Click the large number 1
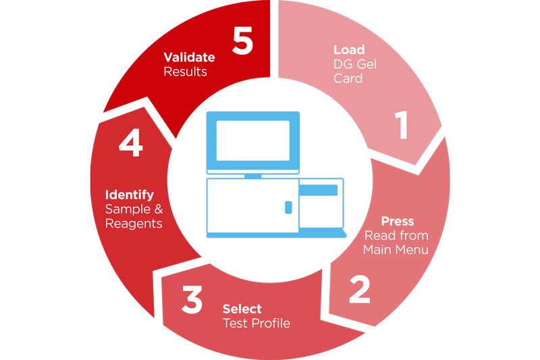[x=402, y=125]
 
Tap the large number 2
[x=360, y=289]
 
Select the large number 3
[x=192, y=299]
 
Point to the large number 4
[x=131, y=143]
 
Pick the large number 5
[x=243, y=41]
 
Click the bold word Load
[x=349, y=50]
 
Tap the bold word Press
[x=398, y=221]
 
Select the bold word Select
[x=242, y=309]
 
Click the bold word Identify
[x=130, y=195]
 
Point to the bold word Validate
[x=189, y=57]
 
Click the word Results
[x=185, y=72]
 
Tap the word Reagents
[x=134, y=224]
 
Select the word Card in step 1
[x=348, y=78]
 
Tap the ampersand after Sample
[x=159, y=209]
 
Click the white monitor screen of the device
[x=252, y=140]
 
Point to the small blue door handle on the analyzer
[x=289, y=207]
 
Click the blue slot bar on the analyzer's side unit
[x=318, y=190]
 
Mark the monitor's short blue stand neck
[x=252, y=176]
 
